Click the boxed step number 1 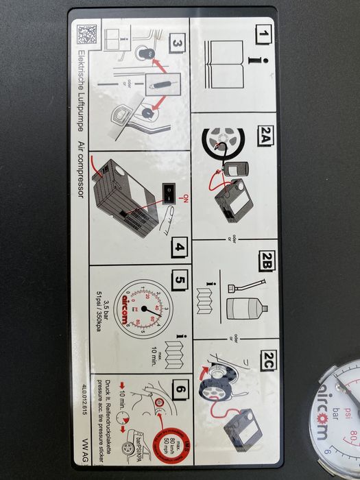click(262, 34)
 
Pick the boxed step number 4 click(178, 246)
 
